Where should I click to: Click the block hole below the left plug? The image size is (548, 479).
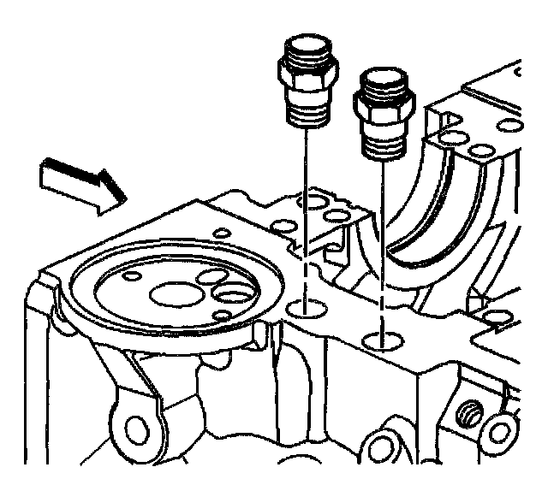[303, 307]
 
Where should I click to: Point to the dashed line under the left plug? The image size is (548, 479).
[304, 214]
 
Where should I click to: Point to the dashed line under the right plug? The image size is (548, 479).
[382, 248]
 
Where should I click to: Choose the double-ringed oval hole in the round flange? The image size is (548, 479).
[232, 296]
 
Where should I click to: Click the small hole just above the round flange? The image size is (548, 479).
[220, 232]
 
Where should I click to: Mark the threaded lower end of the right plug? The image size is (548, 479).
[383, 145]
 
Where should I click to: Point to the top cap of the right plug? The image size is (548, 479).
[379, 82]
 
